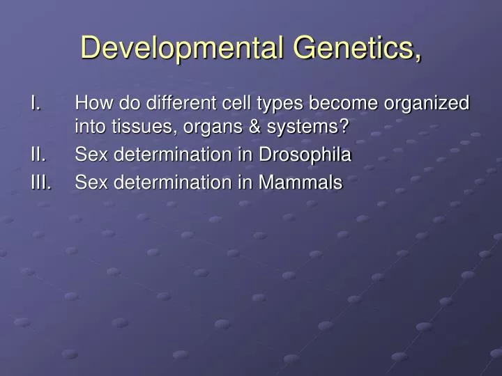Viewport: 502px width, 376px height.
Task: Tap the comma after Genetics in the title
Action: point(418,56)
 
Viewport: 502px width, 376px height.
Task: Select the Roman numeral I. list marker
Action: point(36,104)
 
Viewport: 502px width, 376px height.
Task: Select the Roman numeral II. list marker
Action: point(38,155)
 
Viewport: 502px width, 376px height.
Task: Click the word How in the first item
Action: point(90,104)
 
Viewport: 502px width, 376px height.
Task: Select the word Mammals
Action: point(301,183)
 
